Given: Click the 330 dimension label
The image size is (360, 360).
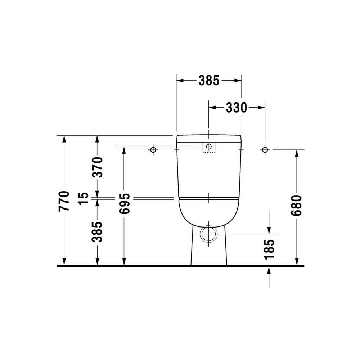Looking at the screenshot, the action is pyautogui.click(x=236, y=107).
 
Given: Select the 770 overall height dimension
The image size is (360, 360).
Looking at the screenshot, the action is pyautogui.click(x=64, y=201).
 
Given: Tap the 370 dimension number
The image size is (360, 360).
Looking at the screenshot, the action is pyautogui.click(x=97, y=167).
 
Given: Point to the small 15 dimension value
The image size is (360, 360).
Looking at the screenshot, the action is pyautogui.click(x=84, y=198).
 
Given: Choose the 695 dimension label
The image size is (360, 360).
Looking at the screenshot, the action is pyautogui.click(x=125, y=204).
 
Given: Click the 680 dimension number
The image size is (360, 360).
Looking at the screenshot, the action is pyautogui.click(x=296, y=206).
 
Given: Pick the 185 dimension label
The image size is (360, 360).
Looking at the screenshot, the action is pyautogui.click(x=269, y=249).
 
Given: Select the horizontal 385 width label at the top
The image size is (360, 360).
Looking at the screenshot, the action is pyautogui.click(x=209, y=81).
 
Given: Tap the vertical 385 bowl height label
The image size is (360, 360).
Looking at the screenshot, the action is pyautogui.click(x=97, y=232).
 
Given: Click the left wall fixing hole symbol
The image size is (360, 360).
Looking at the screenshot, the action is pyautogui.click(x=153, y=150).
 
